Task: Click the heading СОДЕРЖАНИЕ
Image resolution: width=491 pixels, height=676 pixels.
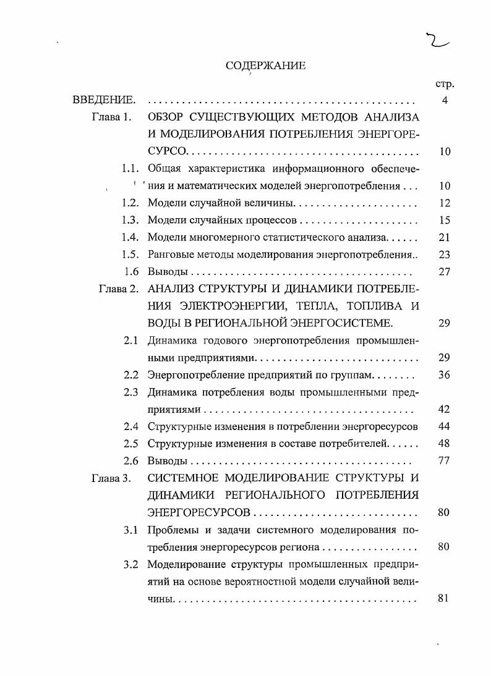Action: (265, 67)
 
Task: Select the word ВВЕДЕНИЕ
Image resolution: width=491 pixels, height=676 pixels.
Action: (103, 100)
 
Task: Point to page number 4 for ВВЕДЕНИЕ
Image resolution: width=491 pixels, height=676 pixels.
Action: (445, 100)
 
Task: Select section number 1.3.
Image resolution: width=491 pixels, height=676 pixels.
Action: (129, 220)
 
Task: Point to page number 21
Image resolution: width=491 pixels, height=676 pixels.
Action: (444, 237)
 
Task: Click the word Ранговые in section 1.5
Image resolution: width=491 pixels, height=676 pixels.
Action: (168, 254)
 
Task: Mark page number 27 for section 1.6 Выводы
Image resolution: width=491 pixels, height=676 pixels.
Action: (444, 271)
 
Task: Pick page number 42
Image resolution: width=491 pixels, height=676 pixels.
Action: (444, 409)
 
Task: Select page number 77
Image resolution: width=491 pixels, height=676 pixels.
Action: (444, 460)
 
